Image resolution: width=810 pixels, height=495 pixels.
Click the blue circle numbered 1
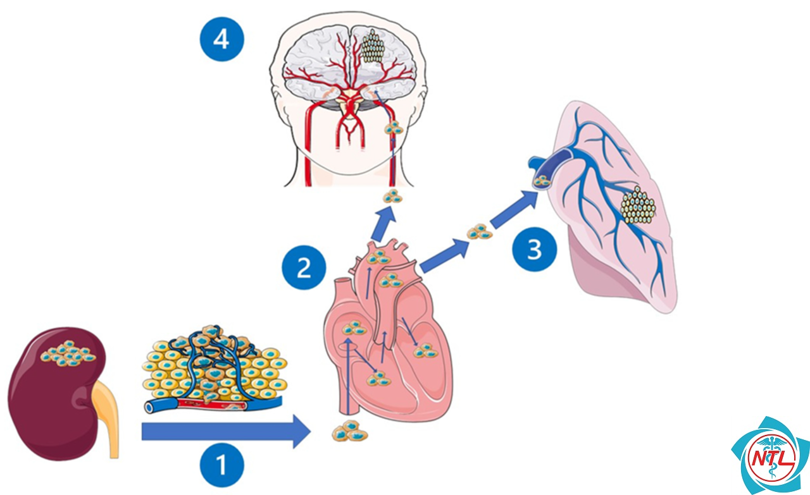click(x=222, y=465)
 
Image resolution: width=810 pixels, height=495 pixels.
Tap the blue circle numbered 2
click(x=304, y=267)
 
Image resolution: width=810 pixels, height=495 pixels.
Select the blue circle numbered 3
click(x=535, y=249)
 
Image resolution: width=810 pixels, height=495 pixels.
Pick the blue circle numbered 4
click(x=222, y=39)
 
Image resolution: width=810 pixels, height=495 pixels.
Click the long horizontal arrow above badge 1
click(x=226, y=431)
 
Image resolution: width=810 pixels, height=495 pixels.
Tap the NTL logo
click(x=770, y=456)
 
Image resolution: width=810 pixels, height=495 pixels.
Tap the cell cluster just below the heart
click(x=350, y=431)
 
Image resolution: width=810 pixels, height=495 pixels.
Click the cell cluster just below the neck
click(x=393, y=196)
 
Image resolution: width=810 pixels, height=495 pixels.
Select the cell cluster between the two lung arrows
click(x=480, y=231)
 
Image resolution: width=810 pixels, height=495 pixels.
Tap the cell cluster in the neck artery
click(x=394, y=128)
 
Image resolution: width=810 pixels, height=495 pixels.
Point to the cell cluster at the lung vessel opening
click(x=542, y=181)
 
